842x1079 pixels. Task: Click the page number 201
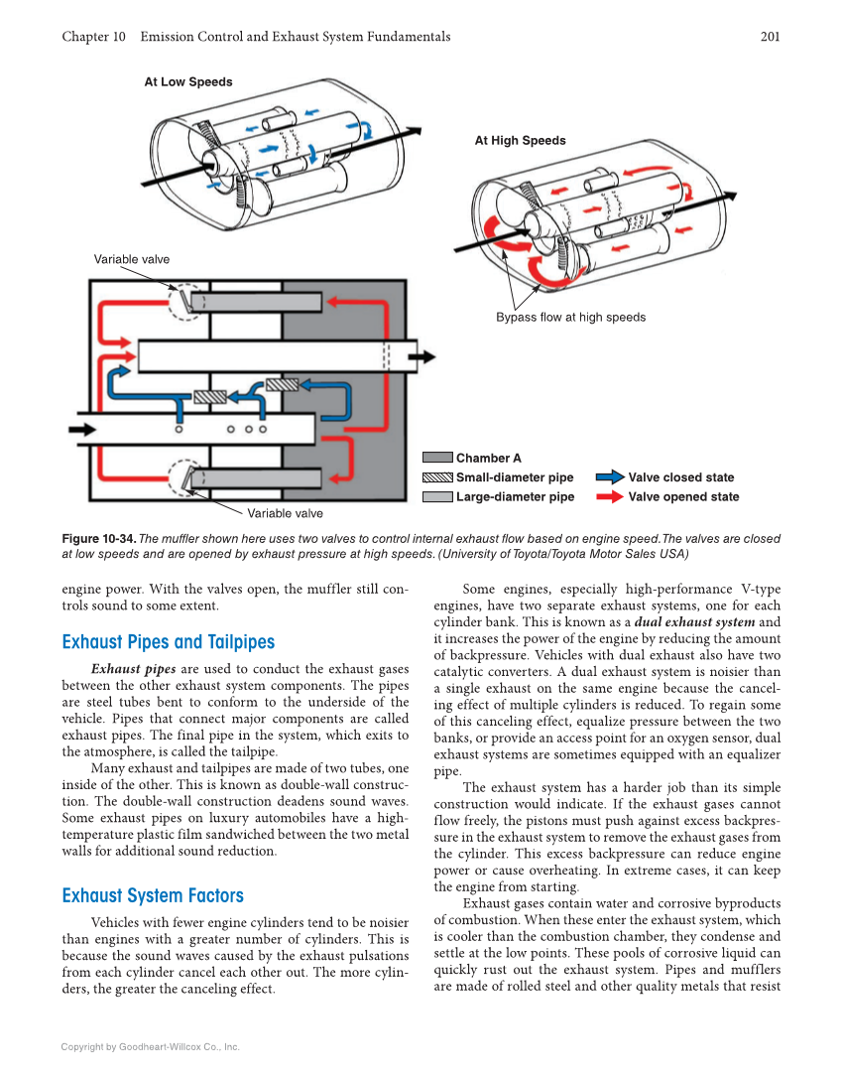click(x=770, y=37)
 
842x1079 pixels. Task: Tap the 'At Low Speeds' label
click(x=188, y=82)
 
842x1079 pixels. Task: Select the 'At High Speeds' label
click(x=520, y=141)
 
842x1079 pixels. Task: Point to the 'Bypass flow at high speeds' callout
click(x=570, y=318)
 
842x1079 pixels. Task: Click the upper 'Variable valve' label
click(x=132, y=260)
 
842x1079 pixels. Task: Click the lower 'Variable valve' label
click(x=285, y=513)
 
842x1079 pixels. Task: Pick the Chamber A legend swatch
click(x=437, y=459)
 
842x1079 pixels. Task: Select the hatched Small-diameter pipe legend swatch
click(x=437, y=477)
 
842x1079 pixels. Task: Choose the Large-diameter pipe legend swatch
click(x=437, y=497)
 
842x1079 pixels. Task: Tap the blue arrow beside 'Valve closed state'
click(x=610, y=477)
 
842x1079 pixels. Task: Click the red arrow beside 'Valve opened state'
click(x=610, y=497)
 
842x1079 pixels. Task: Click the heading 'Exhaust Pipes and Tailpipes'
click(x=168, y=642)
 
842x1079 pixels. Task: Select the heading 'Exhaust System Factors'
click(x=153, y=896)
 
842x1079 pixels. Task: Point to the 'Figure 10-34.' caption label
click(x=98, y=539)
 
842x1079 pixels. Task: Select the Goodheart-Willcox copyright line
click(x=151, y=1046)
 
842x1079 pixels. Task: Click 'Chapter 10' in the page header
click(x=93, y=37)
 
